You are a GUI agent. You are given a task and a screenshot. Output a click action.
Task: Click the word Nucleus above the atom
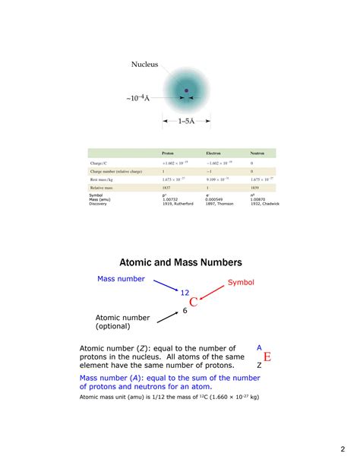pos(143,65)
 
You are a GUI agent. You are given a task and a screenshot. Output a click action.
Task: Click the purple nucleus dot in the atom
pos(186,91)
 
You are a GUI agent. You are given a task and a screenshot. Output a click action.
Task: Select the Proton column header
pos(168,153)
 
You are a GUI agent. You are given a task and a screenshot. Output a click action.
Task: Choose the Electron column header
pos(213,153)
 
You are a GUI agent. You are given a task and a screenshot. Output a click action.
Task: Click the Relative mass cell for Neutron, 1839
pos(254,187)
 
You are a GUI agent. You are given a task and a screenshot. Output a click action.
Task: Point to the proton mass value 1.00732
pos(169,199)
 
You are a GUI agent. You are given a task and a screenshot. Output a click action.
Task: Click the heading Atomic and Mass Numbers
pos(180,262)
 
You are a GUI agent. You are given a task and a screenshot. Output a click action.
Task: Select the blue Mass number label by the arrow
pos(121,279)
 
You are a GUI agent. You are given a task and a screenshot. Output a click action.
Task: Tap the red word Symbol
pos(241,282)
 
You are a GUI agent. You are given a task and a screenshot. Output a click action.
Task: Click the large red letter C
pos(194,303)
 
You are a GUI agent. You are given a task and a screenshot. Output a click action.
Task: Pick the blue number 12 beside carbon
pos(184,292)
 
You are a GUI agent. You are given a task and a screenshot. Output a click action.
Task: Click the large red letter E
pos(267,357)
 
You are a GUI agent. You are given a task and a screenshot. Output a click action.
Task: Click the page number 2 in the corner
pos(343,449)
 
